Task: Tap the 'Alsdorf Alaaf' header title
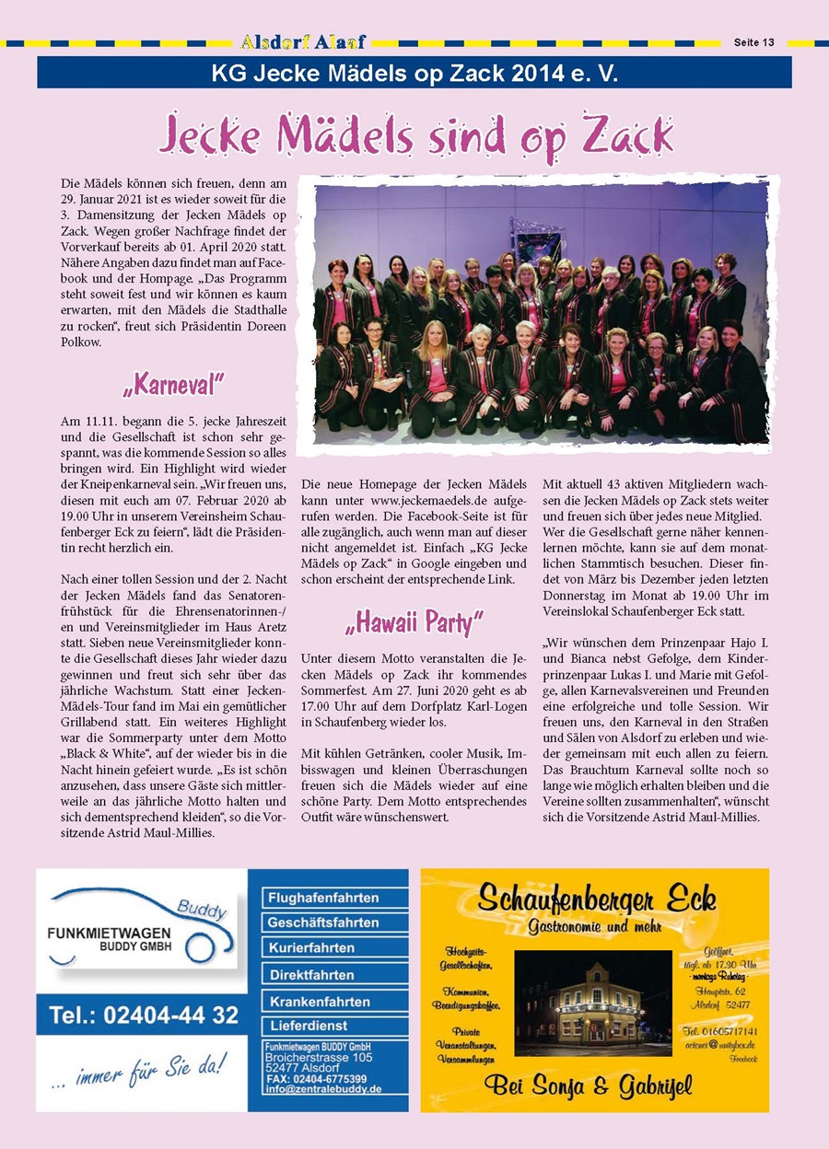pos(303,42)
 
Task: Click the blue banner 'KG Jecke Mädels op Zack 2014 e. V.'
pos(414,73)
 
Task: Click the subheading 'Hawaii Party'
pos(414,623)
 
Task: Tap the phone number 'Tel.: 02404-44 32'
pos(144,1016)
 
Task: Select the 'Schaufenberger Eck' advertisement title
pos(596,899)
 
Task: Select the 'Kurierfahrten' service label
pos(311,948)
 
